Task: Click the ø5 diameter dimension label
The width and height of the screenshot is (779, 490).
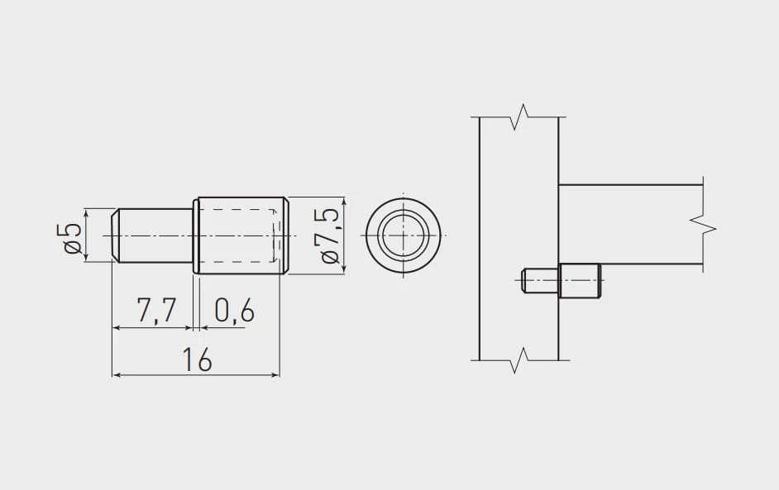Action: pos(73,238)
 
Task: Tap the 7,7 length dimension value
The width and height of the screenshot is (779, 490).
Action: pos(156,311)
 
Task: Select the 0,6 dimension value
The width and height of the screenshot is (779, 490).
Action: pos(235,311)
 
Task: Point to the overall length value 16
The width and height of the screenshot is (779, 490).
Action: pos(198,359)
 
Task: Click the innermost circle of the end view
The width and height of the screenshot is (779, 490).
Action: pos(403,235)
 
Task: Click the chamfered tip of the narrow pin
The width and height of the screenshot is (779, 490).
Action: pos(115,235)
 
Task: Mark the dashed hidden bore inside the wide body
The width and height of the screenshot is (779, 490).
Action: pos(238,235)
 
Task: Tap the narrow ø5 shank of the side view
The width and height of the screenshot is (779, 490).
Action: pos(155,235)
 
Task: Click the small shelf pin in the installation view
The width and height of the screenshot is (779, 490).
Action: pos(561,280)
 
